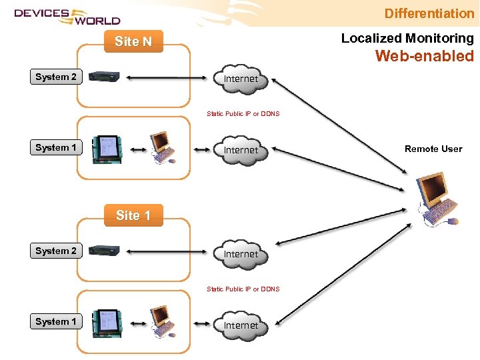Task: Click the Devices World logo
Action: (67, 15)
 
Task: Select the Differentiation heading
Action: (429, 13)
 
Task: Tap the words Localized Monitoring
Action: (407, 39)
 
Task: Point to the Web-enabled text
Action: (424, 56)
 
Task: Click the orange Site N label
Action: (133, 41)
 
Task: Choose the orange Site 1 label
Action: (133, 215)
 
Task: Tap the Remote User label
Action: (433, 149)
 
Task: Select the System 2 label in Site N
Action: (56, 77)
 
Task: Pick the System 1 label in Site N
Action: (56, 147)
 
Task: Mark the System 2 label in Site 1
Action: (56, 251)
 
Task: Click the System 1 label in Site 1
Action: (56, 321)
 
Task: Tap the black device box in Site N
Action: (105, 77)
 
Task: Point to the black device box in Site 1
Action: (105, 251)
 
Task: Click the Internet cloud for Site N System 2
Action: (241, 79)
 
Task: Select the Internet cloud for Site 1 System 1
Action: (241, 325)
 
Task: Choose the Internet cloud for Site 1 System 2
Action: (241, 254)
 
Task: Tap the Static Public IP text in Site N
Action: (243, 114)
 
